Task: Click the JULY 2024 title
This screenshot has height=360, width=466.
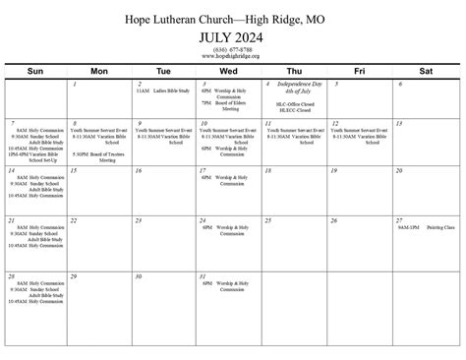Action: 232,37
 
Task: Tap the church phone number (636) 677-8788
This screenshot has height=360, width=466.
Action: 232,49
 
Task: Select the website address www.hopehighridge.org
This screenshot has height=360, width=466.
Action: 232,56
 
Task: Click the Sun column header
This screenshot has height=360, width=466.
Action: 35,72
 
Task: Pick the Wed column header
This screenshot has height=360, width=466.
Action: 228,72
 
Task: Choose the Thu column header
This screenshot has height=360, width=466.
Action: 293,72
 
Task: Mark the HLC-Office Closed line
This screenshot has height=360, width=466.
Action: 295,102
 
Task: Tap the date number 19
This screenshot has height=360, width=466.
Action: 332,169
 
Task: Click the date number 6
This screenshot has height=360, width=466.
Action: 400,85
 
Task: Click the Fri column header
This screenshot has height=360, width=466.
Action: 359,72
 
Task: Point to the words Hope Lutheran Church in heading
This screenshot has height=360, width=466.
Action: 186,19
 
